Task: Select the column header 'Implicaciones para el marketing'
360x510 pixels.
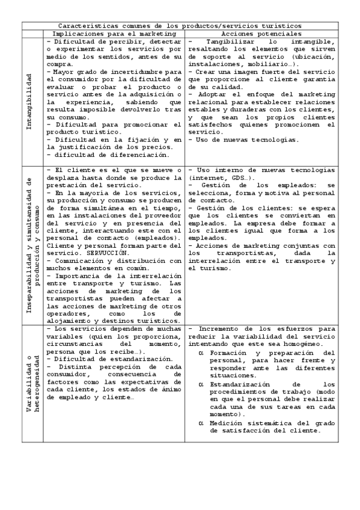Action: (x=114, y=34)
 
